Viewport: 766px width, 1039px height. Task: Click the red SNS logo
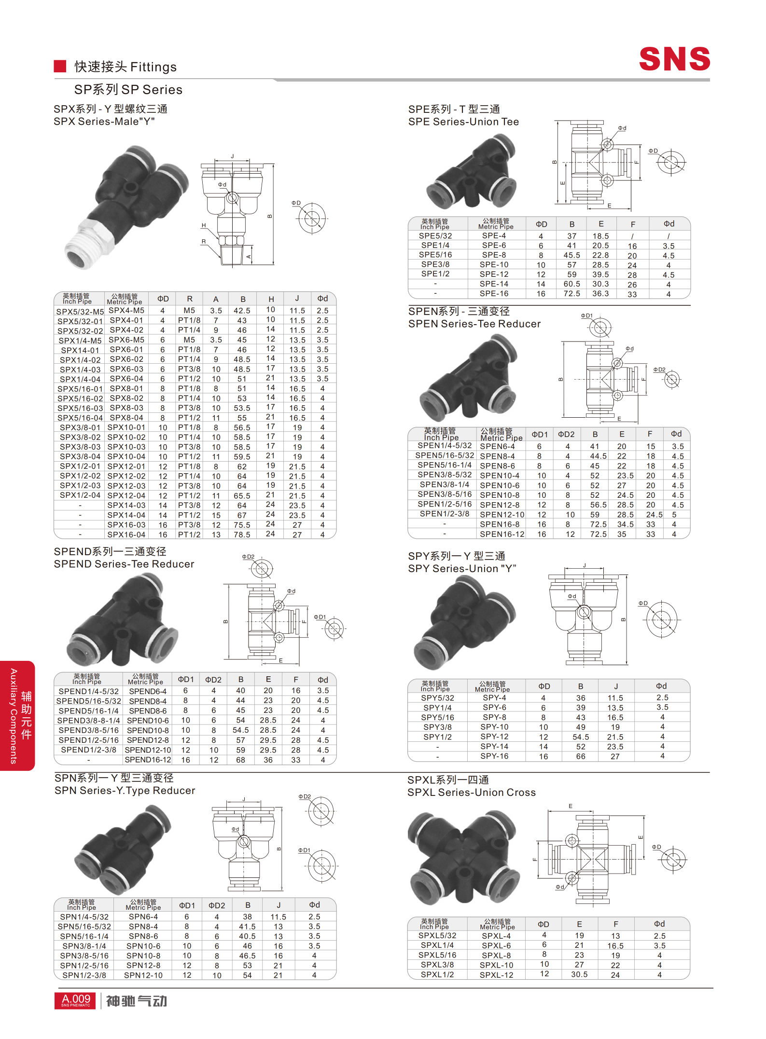click(x=674, y=59)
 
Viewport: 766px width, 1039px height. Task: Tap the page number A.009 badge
click(x=76, y=1000)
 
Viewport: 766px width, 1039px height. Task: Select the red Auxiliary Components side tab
click(x=17, y=716)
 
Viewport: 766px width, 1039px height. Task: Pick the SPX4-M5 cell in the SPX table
click(x=126, y=311)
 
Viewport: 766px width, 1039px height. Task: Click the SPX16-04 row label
click(x=126, y=534)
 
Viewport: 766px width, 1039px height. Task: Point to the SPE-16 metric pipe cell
click(x=494, y=293)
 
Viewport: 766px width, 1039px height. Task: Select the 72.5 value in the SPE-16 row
click(x=571, y=294)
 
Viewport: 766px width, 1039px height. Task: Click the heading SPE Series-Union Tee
click(x=463, y=122)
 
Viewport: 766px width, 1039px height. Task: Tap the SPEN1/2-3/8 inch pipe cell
click(x=444, y=514)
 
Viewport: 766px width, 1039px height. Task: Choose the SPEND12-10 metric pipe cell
click(x=148, y=750)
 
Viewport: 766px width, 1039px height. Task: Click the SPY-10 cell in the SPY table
click(x=494, y=727)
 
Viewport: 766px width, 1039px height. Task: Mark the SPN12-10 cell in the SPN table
click(x=143, y=975)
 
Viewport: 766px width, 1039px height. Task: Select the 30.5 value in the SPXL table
click(x=579, y=974)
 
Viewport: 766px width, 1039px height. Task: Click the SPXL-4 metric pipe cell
click(x=496, y=936)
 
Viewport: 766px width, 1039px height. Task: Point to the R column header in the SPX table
click(x=190, y=299)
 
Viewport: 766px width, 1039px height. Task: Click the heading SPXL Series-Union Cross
click(x=472, y=793)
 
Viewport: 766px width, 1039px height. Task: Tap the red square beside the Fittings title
click(x=60, y=66)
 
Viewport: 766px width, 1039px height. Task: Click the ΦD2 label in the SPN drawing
click(x=305, y=796)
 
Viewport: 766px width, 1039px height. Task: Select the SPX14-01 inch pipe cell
click(x=80, y=350)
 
